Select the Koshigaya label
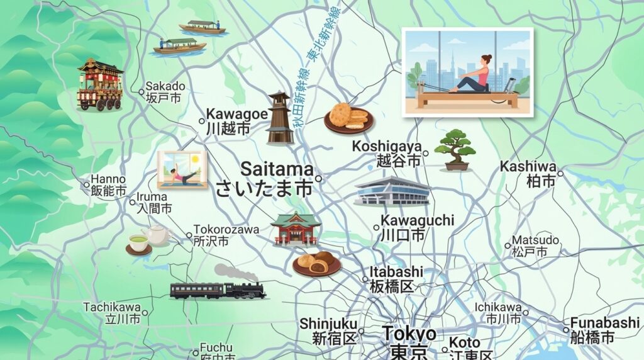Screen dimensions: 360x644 [x=386, y=153]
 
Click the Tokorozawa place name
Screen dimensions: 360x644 [x=226, y=235]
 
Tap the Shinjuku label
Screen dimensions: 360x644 [x=328, y=330]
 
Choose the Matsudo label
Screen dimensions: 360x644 [x=535, y=246]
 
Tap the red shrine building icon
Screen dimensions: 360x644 [x=296, y=228]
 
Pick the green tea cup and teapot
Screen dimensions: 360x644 [x=148, y=239]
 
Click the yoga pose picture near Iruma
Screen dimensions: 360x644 [x=182, y=169]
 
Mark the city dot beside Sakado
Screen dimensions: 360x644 [x=142, y=92]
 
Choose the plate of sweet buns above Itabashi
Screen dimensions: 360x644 [x=317, y=262]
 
